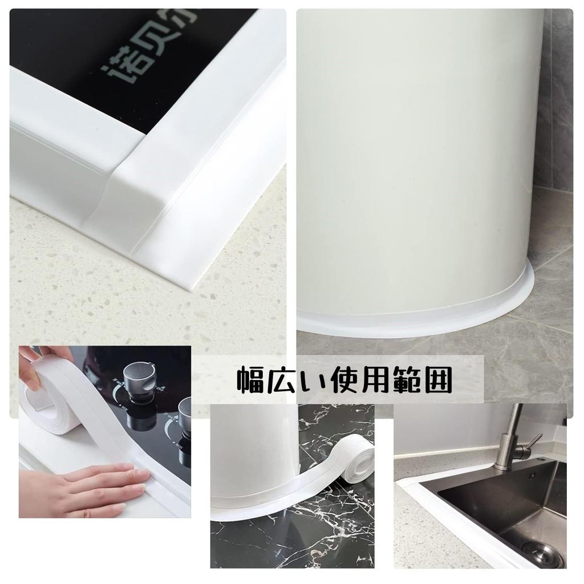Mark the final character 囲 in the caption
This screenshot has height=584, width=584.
coord(436,380)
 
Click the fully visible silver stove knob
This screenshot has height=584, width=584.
coord(139,377)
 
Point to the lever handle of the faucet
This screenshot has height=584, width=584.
coord(534,441)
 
